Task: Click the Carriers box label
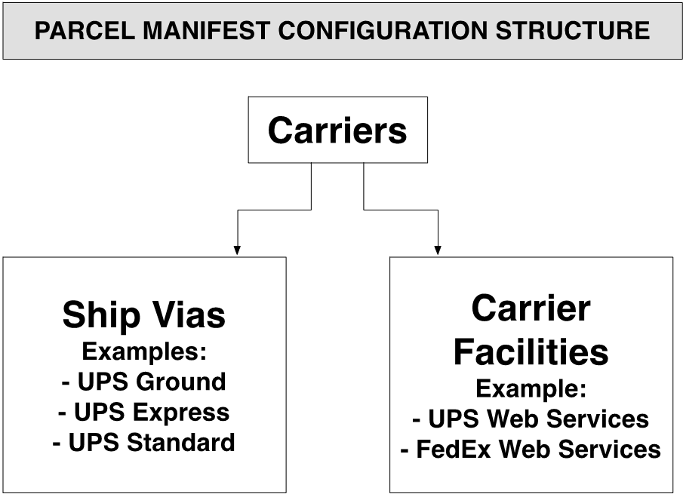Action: [337, 130]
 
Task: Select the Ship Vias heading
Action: [143, 315]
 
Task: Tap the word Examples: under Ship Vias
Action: [143, 351]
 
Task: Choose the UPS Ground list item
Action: [143, 382]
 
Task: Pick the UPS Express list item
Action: [143, 412]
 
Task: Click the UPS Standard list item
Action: [143, 442]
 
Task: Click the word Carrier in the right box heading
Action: [531, 308]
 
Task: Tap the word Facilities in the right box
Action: [531, 351]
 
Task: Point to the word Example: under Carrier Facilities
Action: [531, 388]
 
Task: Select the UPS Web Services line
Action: [531, 419]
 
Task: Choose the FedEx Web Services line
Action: [531, 450]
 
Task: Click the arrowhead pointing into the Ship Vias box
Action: [237, 250]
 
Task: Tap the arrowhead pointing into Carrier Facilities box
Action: [438, 250]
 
